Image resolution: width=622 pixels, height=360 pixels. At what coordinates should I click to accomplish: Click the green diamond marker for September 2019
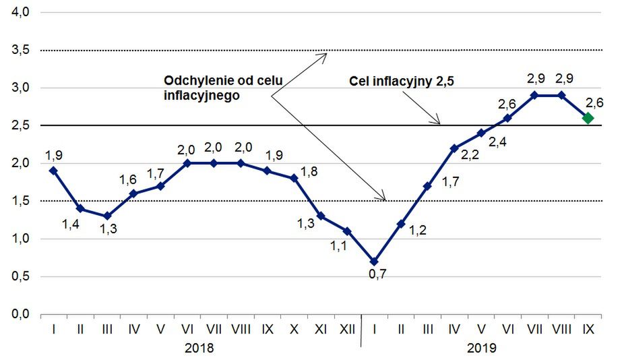tap(588, 118)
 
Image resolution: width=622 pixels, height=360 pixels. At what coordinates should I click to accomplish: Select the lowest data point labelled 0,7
tap(374, 261)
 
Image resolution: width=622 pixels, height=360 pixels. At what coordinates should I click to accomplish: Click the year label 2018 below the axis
tap(199, 348)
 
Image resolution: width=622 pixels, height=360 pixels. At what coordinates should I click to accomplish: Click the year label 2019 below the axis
tap(481, 348)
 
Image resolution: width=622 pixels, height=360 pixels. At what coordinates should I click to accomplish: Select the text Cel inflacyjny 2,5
tap(401, 82)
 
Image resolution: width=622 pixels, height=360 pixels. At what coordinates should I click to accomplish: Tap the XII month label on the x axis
tap(347, 330)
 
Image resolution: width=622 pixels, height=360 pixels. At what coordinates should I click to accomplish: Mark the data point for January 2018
tap(53, 171)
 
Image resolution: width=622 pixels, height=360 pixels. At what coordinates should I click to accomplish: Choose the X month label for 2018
tap(294, 330)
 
